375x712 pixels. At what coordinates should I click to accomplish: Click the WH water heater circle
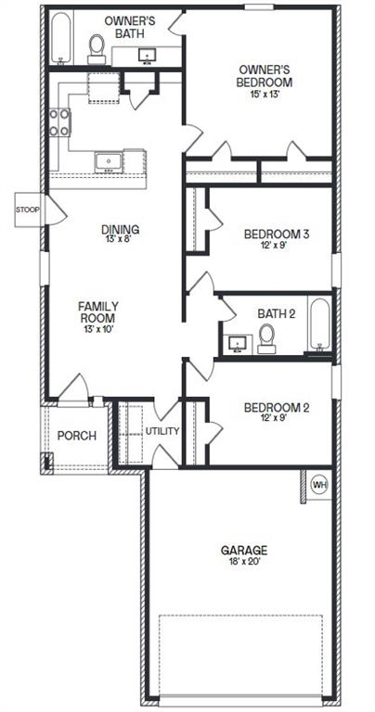click(319, 485)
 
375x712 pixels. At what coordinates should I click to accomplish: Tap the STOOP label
click(28, 210)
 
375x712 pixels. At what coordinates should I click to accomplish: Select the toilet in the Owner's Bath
click(97, 49)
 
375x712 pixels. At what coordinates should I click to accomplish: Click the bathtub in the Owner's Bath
click(61, 38)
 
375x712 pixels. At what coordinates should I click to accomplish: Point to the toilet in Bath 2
click(266, 338)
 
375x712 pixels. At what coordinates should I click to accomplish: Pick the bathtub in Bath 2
click(320, 324)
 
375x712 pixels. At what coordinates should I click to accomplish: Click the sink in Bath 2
click(237, 344)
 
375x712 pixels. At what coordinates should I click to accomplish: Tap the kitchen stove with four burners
click(59, 122)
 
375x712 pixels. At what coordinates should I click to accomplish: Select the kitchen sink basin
click(109, 162)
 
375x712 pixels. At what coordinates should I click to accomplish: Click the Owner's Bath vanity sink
click(148, 56)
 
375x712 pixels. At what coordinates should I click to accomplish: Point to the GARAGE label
click(243, 551)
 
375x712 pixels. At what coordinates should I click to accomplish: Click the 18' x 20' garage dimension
click(243, 561)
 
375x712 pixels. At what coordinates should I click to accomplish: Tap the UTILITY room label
click(162, 431)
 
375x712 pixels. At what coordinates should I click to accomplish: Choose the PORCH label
click(77, 436)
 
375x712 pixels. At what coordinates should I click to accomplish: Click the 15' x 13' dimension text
click(265, 95)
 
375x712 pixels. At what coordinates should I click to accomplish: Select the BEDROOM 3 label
click(277, 235)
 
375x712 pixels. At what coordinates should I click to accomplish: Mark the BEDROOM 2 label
click(277, 407)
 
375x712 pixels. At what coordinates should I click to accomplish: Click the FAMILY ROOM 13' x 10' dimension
click(98, 329)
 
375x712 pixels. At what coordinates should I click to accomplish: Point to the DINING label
click(120, 230)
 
